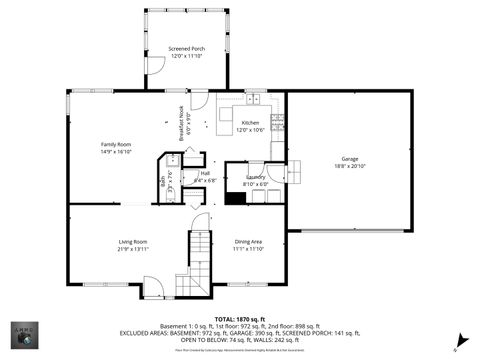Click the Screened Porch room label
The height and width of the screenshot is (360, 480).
187,48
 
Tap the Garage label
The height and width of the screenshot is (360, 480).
349,158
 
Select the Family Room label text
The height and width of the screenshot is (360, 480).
117,144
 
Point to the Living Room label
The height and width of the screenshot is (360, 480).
133,241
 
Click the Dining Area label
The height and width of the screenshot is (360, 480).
248,241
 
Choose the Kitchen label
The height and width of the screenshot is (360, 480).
249,123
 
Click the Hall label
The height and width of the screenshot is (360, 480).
204,173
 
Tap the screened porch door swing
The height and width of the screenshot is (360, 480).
155,66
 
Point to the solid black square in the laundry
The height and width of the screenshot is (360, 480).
235,197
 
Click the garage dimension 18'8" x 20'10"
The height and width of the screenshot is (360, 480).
349,165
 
